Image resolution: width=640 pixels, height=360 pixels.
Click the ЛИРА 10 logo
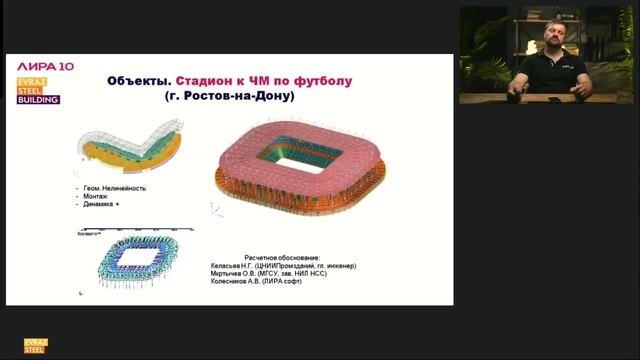38,64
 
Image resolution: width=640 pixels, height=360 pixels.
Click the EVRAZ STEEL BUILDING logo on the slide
36,90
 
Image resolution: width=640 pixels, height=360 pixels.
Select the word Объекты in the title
138,81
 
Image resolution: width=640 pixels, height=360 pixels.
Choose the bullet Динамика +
101,205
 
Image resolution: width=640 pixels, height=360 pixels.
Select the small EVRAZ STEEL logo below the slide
36,346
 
